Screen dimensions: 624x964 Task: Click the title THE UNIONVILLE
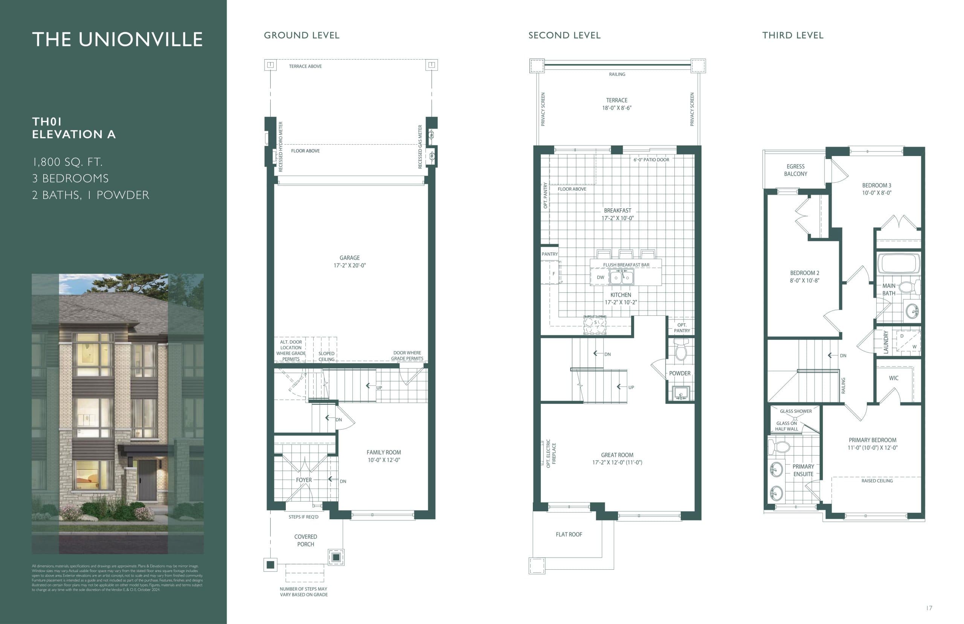pos(117,39)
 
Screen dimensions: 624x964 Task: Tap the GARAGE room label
pos(349,258)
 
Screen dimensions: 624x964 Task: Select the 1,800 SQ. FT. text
pos(67,162)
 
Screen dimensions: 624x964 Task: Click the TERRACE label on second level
pos(616,101)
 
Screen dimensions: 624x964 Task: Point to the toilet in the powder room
pos(680,351)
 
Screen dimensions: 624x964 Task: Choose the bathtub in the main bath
pos(898,263)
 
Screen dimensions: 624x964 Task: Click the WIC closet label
pos(894,378)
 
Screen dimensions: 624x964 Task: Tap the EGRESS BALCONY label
pos(796,170)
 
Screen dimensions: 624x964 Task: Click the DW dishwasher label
pos(600,278)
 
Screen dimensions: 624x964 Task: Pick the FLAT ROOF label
pos(569,534)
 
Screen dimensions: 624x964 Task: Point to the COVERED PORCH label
pos(306,540)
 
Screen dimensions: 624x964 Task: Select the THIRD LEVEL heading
pos(793,36)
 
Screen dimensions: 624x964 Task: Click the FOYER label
pos(304,480)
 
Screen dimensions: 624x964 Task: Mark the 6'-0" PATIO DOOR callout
pos(651,160)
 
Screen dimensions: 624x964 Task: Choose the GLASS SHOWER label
pos(796,411)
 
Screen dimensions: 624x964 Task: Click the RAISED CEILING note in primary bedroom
pos(877,481)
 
